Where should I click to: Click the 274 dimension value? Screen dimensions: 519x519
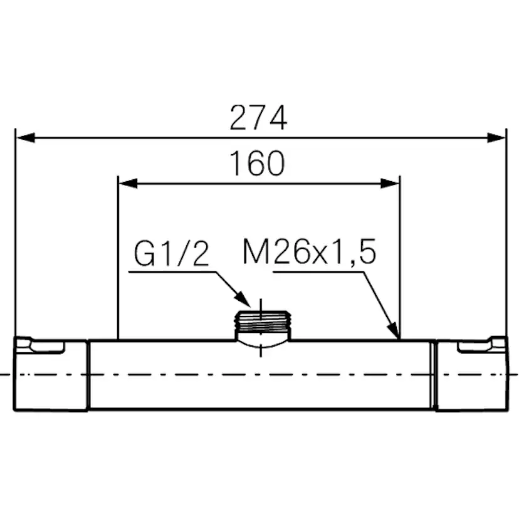coord(258,117)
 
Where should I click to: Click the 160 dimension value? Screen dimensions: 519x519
coord(257,163)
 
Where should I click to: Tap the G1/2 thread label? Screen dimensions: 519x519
coord(172,253)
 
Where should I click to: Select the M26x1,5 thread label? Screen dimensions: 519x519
coord(310,251)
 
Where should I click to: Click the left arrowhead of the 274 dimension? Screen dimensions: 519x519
coord(26,138)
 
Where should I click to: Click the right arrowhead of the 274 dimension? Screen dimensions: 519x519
coord(496,138)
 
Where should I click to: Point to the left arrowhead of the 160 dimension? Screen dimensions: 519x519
coord(128,183)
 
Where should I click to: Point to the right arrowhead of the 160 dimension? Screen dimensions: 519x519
coord(390,183)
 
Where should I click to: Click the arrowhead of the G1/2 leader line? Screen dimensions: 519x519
coord(243,299)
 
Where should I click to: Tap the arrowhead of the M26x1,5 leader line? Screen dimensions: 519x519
coord(394,330)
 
